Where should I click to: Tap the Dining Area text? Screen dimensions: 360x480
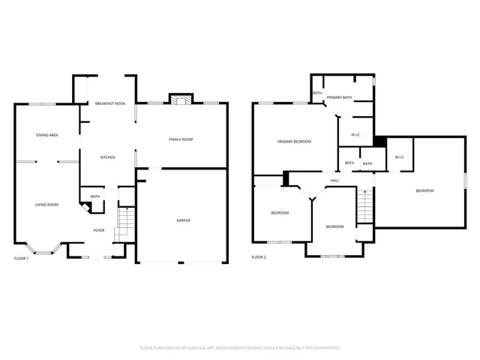point(47,135)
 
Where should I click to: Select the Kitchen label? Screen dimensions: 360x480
point(108,157)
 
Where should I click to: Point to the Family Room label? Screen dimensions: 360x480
point(181,139)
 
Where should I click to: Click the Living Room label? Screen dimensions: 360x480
point(47,204)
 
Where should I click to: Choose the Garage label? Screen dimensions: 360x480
point(183,220)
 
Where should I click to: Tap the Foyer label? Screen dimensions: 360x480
point(98,230)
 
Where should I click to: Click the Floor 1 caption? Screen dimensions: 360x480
point(22,258)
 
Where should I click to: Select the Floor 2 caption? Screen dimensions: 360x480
point(259,257)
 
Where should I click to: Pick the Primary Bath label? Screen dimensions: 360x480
point(339,97)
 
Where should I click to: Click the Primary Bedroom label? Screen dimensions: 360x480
point(294,142)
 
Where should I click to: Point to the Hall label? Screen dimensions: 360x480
point(334,181)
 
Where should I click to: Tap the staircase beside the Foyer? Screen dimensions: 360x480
point(124,223)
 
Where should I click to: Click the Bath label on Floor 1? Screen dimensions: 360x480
point(95,196)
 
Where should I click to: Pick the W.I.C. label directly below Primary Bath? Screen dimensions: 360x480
point(355,135)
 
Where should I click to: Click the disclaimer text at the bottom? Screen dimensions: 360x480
point(240,348)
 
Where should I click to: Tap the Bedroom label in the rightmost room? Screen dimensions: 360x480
point(424,190)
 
